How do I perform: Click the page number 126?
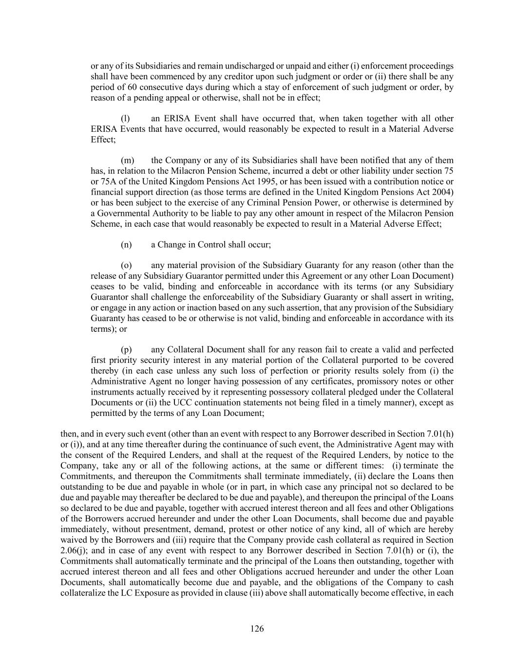(257, 628)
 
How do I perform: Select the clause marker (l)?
(125, 118)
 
